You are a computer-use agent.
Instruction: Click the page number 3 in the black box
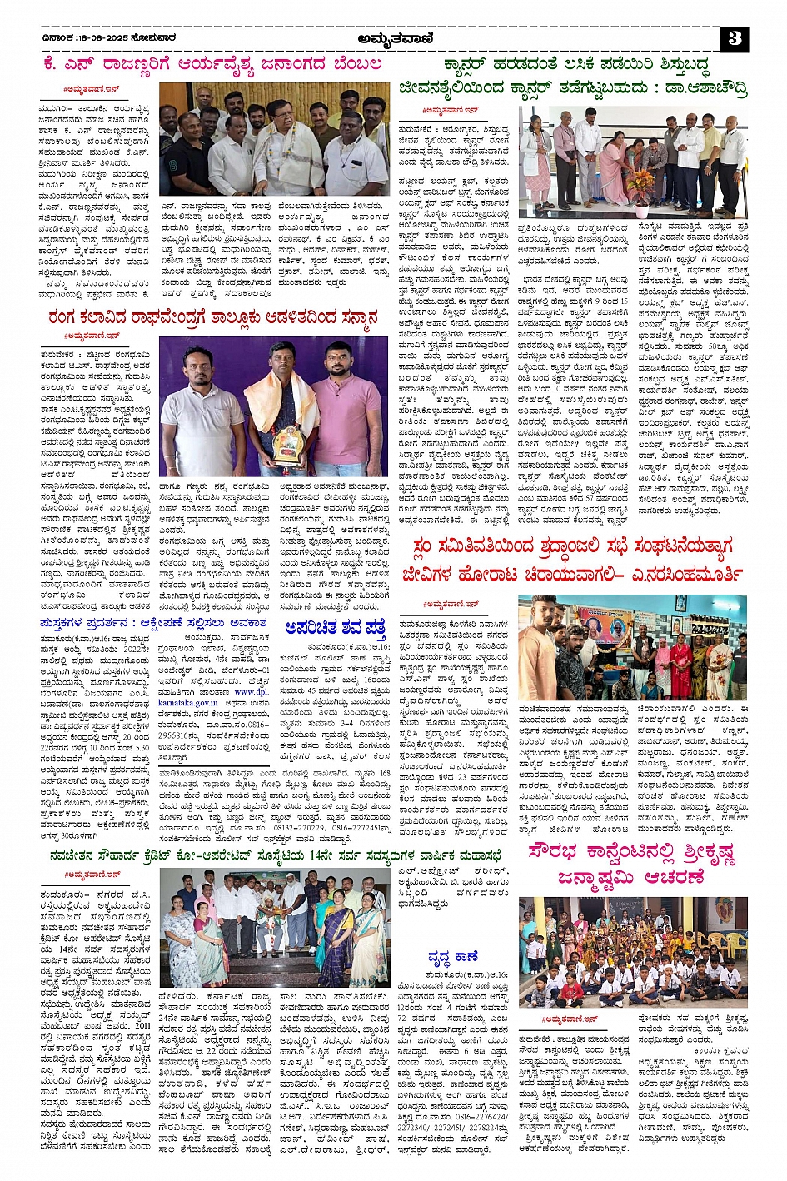pyautogui.click(x=735, y=38)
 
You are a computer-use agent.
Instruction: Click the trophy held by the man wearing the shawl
pyautogui.click(x=287, y=446)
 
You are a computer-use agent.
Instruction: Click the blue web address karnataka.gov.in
pyautogui.click(x=190, y=703)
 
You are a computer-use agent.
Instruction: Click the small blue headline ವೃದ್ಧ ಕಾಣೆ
pyautogui.click(x=453, y=957)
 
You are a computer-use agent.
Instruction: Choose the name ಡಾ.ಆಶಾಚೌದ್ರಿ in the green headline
pyautogui.click(x=697, y=87)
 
